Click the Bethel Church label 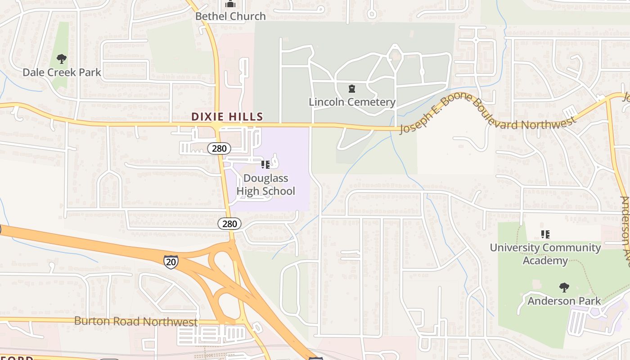pos(230,16)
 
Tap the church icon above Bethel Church pos(230,4)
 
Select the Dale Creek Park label pos(62,72)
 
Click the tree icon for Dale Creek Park pos(62,59)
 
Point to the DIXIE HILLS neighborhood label pos(227,117)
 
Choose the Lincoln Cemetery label pos(352,102)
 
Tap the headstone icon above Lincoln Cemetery pos(352,89)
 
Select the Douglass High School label pos(265,184)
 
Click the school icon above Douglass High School pos(265,165)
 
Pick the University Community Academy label pos(545,254)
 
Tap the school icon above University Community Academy pos(545,234)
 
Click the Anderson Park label pos(564,301)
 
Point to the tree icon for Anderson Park pos(564,287)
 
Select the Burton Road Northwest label pos(135,321)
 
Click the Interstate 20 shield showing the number pos(171,261)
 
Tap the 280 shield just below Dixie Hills pos(219,148)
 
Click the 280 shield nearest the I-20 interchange pos(229,224)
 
